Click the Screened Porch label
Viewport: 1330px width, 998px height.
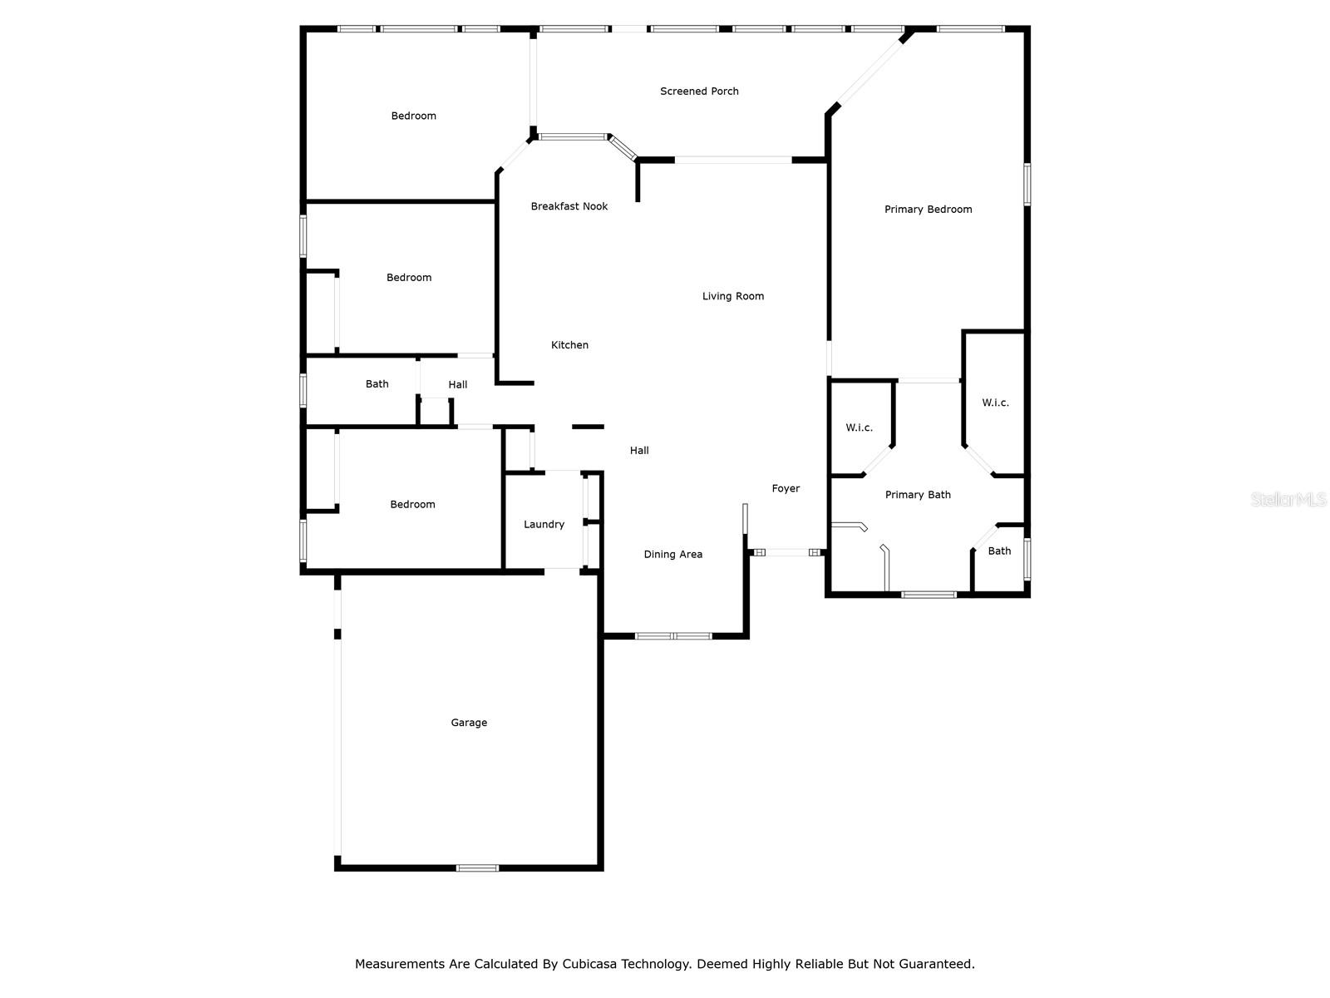(698, 91)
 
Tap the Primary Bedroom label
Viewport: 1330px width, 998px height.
(928, 209)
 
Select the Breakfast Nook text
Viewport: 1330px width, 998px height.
(569, 206)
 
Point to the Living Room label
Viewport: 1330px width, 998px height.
(732, 296)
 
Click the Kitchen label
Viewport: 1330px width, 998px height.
(569, 345)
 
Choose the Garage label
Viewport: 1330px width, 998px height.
(468, 722)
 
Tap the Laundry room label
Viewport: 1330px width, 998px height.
(544, 524)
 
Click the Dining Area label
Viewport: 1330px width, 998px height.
(672, 554)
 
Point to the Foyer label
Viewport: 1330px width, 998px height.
(786, 488)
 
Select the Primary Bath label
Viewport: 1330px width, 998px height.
(918, 495)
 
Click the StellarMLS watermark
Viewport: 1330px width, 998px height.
(1288, 499)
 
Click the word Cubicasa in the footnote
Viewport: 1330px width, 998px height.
(589, 963)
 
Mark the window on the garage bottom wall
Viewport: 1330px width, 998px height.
(477, 867)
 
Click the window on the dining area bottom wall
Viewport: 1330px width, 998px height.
(672, 635)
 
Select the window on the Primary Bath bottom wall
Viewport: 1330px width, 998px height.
(929, 595)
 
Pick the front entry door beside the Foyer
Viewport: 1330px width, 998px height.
(786, 552)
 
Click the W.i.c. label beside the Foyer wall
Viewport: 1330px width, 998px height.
(859, 427)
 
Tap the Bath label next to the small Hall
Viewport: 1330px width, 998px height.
(377, 383)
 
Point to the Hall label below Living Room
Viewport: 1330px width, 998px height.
(638, 450)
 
